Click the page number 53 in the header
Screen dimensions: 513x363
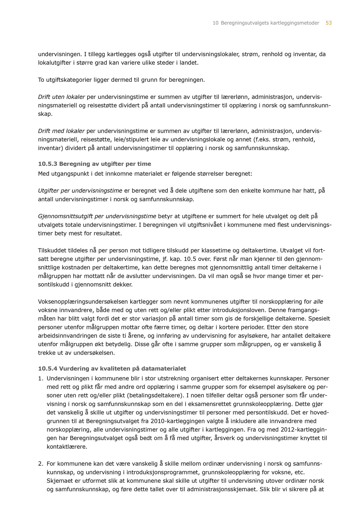click(x=329, y=23)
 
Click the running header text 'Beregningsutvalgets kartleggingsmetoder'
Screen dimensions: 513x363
click(x=270, y=23)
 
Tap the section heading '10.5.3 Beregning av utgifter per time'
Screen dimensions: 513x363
click(x=95, y=164)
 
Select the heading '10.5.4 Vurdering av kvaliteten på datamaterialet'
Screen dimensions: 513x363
click(x=112, y=369)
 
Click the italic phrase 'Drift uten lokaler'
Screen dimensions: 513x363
click(x=61, y=97)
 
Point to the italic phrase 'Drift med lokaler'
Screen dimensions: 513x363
click(x=61, y=131)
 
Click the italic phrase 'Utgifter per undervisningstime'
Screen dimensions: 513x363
click(x=80, y=191)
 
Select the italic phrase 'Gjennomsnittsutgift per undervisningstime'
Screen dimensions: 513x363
click(x=97, y=216)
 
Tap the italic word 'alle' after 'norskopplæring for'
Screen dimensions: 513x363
click(x=318, y=302)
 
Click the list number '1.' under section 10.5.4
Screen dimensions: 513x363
click(x=41, y=378)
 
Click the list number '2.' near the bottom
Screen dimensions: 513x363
click(x=41, y=464)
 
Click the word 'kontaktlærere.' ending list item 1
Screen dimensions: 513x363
click(x=67, y=447)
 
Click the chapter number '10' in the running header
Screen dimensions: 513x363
click(x=215, y=23)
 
